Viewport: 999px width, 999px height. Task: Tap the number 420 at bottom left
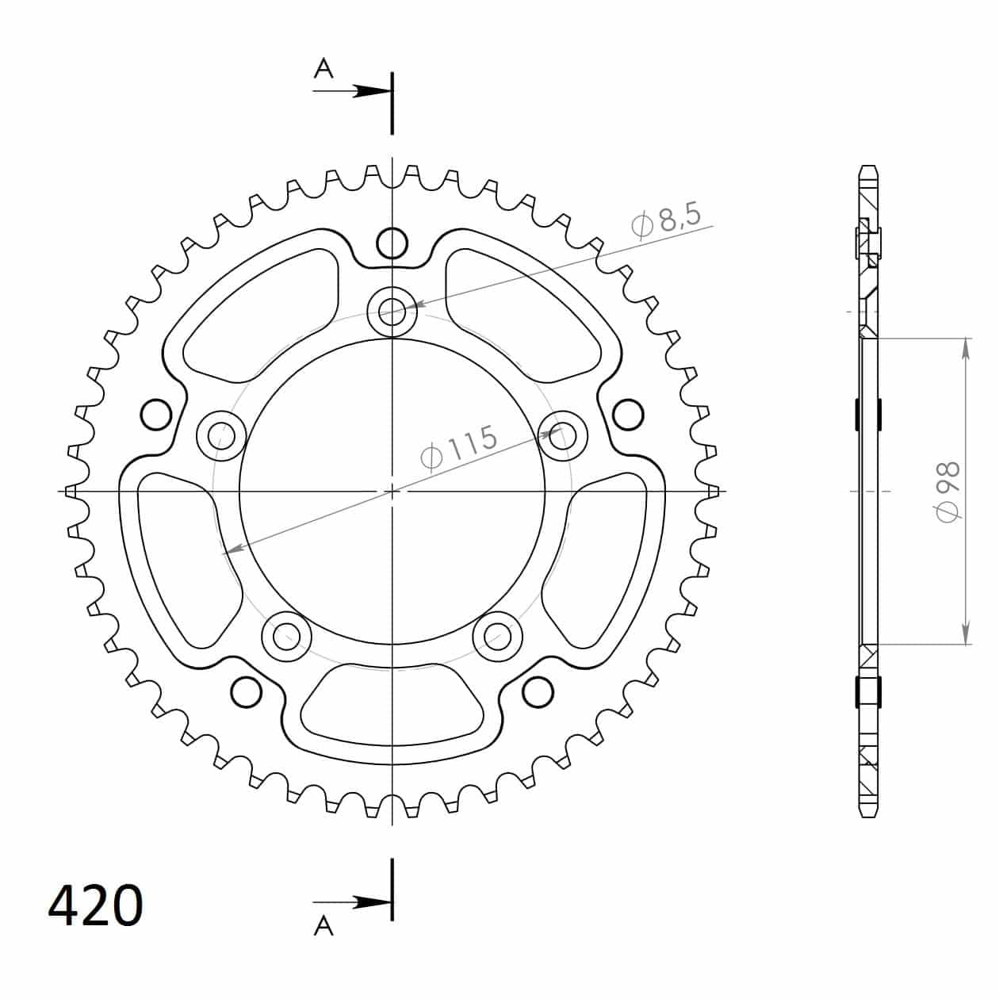point(96,905)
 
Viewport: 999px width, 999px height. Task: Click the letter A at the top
point(323,70)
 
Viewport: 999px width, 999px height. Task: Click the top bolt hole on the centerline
point(392,309)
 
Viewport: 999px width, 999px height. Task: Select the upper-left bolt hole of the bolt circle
point(220,434)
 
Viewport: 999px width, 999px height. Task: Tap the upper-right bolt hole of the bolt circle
point(563,434)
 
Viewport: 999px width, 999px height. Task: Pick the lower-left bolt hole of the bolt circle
point(286,635)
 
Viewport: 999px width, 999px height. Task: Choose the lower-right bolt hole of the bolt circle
point(498,634)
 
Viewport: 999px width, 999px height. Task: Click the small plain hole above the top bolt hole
point(392,243)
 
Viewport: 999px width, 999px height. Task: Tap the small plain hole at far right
point(629,413)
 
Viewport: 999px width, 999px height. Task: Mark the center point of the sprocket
point(392,492)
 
